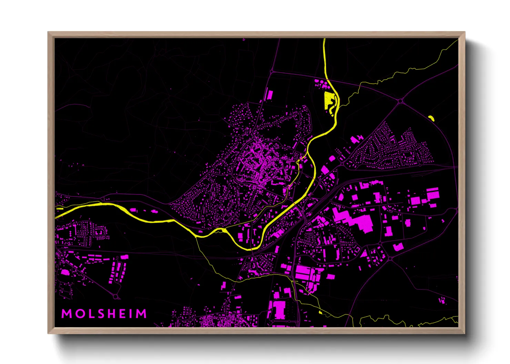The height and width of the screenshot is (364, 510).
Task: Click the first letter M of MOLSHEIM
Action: (66, 314)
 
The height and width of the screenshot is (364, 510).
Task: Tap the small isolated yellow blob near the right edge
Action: (431, 118)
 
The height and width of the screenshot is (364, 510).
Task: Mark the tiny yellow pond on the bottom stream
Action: (320, 312)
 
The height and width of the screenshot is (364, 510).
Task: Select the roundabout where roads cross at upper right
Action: (400, 101)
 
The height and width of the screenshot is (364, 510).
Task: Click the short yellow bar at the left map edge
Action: (59, 208)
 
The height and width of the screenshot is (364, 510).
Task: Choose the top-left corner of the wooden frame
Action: (48, 32)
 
